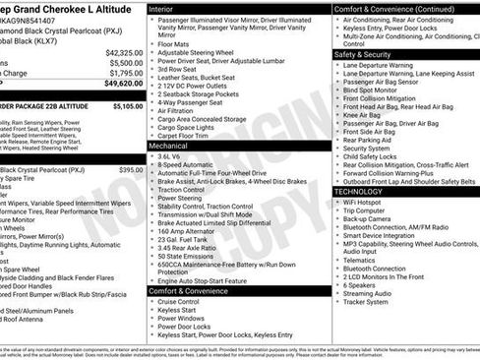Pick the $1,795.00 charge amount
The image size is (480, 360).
(126, 74)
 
